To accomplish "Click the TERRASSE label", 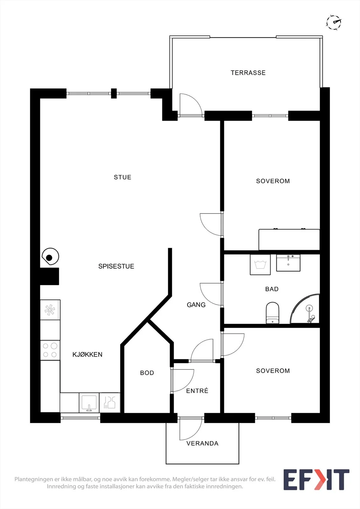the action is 248,73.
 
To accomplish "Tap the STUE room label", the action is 123,177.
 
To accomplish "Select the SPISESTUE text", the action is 116,266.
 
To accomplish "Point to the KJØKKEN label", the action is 87,354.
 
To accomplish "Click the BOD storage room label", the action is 147,373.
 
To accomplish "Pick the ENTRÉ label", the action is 197,391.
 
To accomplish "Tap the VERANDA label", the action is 202,443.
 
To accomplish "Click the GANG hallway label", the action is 196,305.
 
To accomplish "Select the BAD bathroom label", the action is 272,289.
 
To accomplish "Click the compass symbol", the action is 334,22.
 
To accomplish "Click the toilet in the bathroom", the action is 272,313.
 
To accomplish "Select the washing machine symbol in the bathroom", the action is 260,265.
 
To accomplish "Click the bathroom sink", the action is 288,263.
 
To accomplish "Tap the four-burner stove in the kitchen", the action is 50,350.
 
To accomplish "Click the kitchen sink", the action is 89,403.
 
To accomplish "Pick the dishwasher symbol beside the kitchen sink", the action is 109,403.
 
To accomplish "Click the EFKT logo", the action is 316,480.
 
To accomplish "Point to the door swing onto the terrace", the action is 191,105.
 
